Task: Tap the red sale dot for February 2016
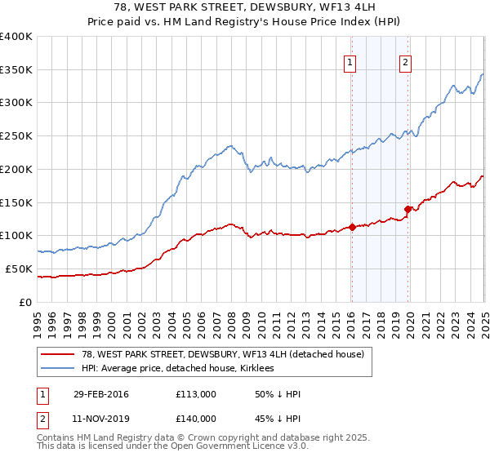click(352, 227)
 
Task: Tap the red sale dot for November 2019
click(408, 209)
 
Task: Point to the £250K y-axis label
click(16, 136)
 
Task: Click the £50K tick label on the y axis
click(19, 268)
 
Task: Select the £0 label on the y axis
click(26, 302)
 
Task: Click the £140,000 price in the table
click(196, 418)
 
